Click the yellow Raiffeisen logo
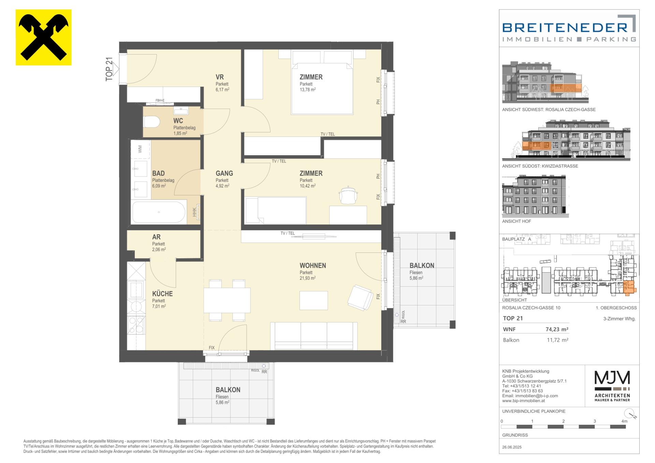pyautogui.click(x=44, y=37)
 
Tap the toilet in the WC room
pyautogui.click(x=152, y=121)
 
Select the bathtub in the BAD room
pyautogui.click(x=159, y=212)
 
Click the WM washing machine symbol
pyautogui.click(x=140, y=149)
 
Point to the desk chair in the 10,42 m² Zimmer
pyautogui.click(x=348, y=196)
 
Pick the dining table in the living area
pyautogui.click(x=227, y=300)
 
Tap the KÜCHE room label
pyautogui.click(x=162, y=293)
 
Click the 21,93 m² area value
pyautogui.click(x=307, y=278)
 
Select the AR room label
pyautogui.click(x=156, y=237)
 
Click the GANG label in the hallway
pyautogui.click(x=224, y=173)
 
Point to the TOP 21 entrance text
pyautogui.click(x=109, y=69)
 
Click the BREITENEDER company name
pyautogui.click(x=565, y=27)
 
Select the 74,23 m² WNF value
pyautogui.click(x=557, y=329)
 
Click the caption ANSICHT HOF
pyautogui.click(x=516, y=221)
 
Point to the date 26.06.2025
pyautogui.click(x=512, y=447)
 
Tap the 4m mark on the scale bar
pyautogui.click(x=624, y=421)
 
